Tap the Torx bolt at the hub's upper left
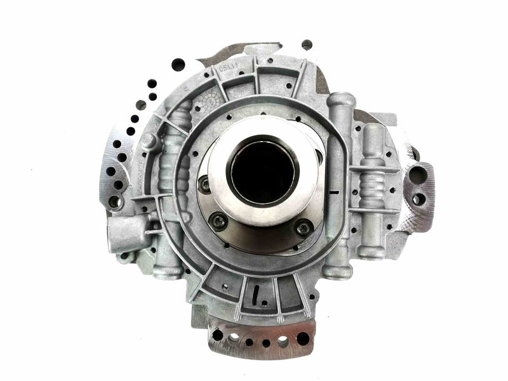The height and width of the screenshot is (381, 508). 204,185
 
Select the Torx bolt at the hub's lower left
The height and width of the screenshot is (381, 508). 220,220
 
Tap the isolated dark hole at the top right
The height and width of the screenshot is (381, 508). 307,44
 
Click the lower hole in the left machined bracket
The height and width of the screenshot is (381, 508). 115,201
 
